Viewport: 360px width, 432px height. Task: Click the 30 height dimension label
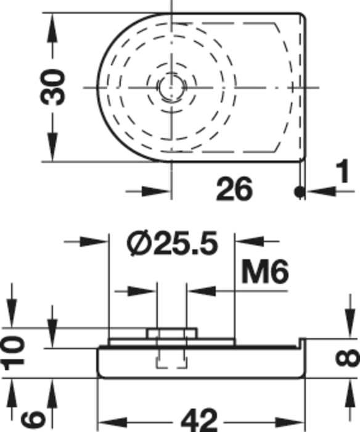(x=52, y=88)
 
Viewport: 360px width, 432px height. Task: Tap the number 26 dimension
(x=234, y=189)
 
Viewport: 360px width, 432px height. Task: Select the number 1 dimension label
(x=343, y=172)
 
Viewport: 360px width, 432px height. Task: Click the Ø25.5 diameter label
(x=172, y=244)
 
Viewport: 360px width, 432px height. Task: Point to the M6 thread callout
(x=265, y=273)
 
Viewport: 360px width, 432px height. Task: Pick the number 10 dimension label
(x=13, y=354)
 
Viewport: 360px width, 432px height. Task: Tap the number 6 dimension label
(x=33, y=418)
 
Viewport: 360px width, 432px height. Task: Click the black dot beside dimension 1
(x=299, y=191)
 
